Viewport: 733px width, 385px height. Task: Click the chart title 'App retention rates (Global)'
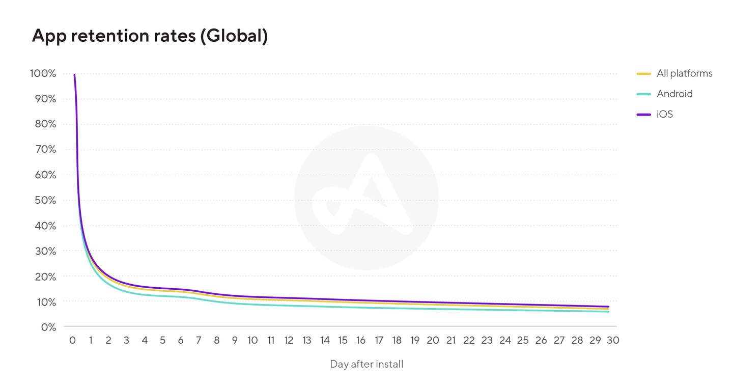coord(150,36)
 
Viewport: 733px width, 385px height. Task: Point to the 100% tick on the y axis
coord(43,73)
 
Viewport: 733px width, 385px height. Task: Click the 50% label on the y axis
coord(45,200)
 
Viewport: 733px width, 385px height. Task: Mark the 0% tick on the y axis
coord(48,327)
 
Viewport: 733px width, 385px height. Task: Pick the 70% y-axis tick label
coord(45,149)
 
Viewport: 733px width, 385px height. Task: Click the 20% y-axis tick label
coord(45,277)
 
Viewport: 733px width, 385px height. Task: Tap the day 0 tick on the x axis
coord(72,340)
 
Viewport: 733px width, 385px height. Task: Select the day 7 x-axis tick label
coord(199,340)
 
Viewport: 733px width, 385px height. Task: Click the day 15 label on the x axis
coord(343,340)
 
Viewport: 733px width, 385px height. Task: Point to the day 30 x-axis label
coord(613,340)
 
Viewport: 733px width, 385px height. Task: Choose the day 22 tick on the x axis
coord(469,340)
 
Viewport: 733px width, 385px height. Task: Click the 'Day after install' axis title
coord(366,364)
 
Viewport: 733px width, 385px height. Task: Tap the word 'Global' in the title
coord(234,36)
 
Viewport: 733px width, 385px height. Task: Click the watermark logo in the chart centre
coord(366,198)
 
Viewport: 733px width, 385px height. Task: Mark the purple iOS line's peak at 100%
coord(74,75)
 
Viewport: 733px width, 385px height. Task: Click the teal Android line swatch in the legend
coord(644,94)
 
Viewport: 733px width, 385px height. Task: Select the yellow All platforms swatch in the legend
coord(644,73)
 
